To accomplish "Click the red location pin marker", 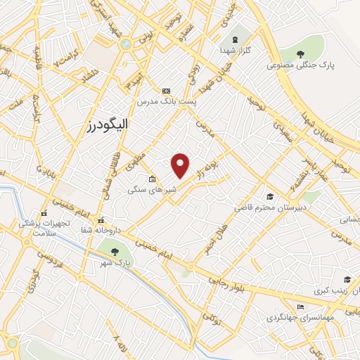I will point(181,165).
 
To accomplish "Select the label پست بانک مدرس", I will point(167,101).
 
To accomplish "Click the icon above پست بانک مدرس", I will point(166,91).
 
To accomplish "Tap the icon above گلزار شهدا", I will point(235,39).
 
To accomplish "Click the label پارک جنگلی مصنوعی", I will point(297,65).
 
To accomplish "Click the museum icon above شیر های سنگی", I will point(151,179).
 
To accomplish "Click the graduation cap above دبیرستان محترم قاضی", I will point(269,196).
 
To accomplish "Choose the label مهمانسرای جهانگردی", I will point(292,317).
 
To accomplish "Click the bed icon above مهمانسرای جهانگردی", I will point(301,307).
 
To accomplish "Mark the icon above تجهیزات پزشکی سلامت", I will point(44,213).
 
